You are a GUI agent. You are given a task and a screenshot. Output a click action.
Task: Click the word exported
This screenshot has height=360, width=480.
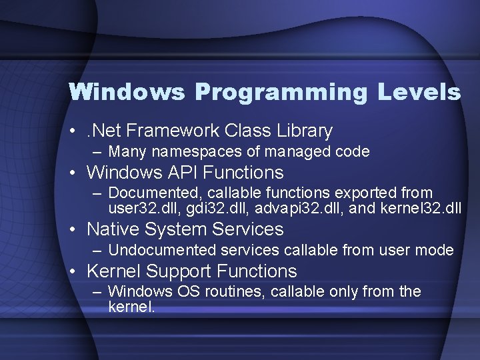point(368,193)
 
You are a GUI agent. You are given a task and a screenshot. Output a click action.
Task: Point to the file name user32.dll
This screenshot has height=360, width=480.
point(137,208)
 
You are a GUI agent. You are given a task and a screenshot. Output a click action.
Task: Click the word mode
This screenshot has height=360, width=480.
point(436,251)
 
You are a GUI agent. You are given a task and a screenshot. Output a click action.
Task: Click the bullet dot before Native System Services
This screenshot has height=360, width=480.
point(77,230)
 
